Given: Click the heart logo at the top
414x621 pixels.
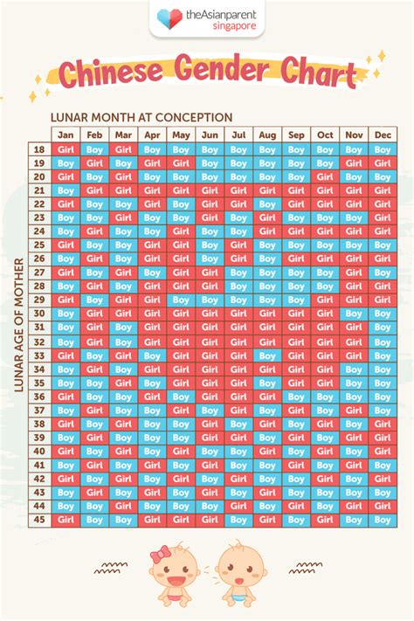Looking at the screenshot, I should (165, 17).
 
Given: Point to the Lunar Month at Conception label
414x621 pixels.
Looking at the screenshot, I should (141, 117).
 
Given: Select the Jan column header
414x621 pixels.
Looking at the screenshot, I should (66, 135).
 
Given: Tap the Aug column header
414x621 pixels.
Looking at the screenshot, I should (267, 135).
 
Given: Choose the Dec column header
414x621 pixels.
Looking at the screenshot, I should (383, 135).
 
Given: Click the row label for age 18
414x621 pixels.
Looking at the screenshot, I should (39, 149).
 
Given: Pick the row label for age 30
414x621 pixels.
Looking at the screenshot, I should (39, 314).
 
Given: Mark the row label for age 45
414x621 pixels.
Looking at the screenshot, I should (39, 520).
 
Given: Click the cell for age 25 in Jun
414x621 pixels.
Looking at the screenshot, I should (210, 245).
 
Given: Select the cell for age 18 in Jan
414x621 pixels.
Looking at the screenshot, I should (66, 149).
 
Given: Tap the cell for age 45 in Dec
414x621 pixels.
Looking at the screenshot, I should (383, 520).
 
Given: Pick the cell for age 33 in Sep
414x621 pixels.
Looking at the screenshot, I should (296, 355).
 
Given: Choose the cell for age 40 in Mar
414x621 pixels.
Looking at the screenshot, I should (123, 451).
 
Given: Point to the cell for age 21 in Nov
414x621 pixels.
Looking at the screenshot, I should (354, 190).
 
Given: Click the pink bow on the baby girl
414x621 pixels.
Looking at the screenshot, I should (160, 553).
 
